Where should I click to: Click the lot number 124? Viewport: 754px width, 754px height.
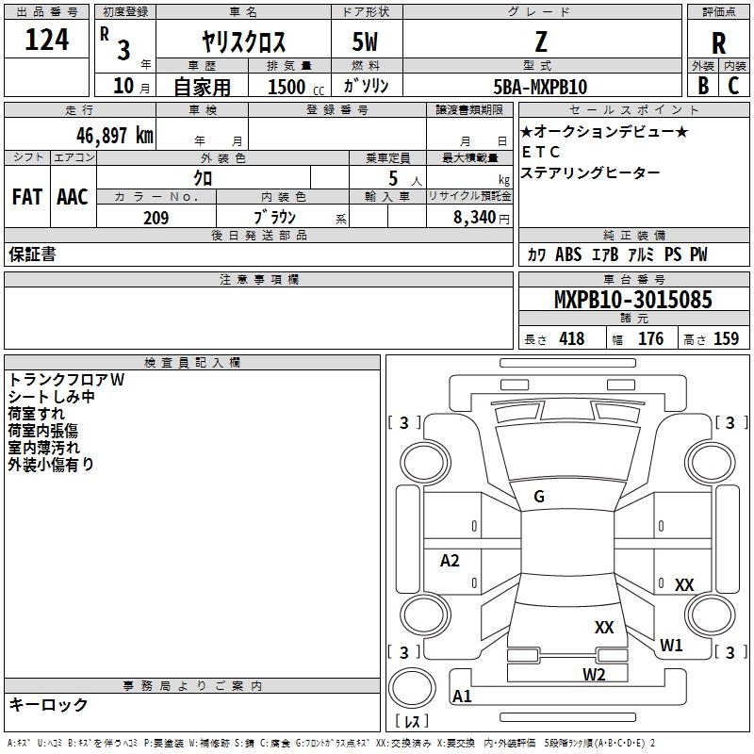coord(47,41)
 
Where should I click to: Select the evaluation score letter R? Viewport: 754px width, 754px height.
coord(718,42)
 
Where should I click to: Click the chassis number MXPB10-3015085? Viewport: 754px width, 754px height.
coord(632,300)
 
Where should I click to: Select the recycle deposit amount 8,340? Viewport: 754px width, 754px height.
coord(476,218)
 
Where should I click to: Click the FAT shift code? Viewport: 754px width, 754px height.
coord(26,196)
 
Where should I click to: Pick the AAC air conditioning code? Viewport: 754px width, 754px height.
coord(72,196)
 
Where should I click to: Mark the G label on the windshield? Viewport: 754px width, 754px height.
coord(539,497)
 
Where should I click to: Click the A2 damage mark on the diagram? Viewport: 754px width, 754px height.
coord(450,561)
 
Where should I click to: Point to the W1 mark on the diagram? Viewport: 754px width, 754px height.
coord(671,646)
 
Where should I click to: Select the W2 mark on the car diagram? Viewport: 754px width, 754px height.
coord(593,674)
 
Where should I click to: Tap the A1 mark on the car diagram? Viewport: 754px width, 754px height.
coord(462,697)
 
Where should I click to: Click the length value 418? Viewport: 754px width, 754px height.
coord(571,339)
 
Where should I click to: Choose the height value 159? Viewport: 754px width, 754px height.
coord(726,339)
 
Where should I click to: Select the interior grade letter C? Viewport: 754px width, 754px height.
coord(734,86)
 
